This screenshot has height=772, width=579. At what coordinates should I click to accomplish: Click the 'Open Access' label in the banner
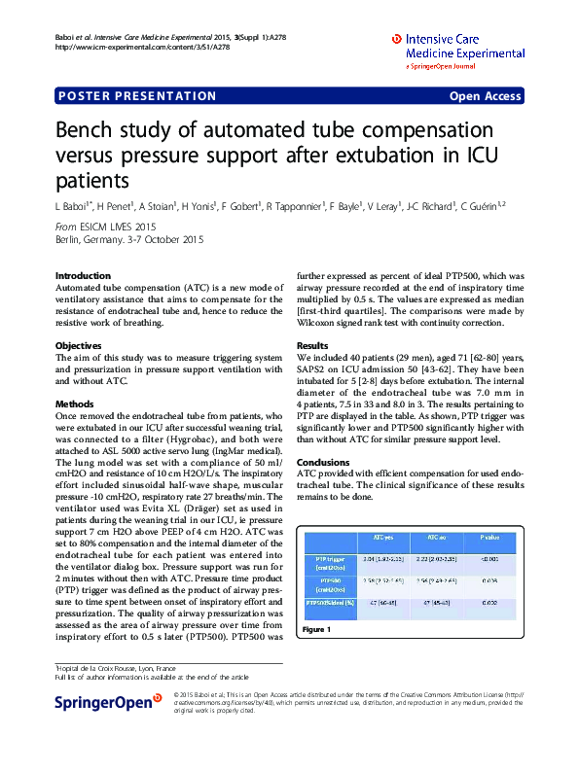click(485, 96)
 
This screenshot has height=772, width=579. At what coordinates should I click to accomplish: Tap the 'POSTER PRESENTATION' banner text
click(137, 96)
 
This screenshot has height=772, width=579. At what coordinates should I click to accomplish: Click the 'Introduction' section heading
click(84, 276)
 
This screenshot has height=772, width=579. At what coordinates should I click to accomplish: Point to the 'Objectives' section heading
click(79, 345)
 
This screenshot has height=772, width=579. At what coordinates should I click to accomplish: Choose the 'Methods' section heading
click(75, 403)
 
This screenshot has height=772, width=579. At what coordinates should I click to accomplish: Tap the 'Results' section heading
click(312, 345)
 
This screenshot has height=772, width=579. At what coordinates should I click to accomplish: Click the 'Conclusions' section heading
click(322, 462)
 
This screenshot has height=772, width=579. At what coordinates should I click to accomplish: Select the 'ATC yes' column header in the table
click(383, 536)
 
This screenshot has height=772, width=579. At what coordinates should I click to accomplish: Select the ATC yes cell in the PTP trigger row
click(383, 560)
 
